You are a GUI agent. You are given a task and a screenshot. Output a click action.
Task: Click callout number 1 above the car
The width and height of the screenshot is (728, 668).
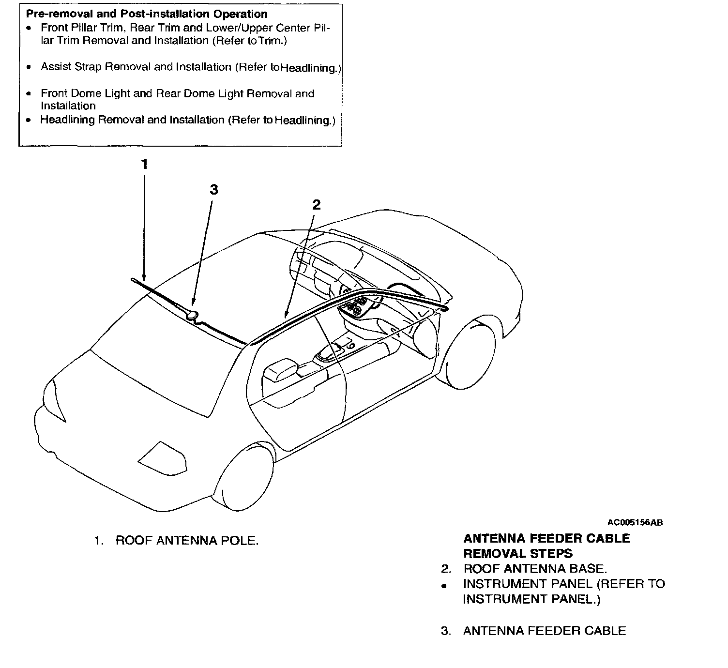(x=144, y=164)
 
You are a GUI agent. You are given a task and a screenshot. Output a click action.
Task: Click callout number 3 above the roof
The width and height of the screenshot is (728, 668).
(x=214, y=190)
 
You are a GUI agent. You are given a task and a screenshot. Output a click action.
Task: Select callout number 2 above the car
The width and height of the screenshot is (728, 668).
(x=316, y=204)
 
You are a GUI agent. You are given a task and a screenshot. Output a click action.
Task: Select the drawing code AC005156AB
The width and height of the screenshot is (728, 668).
(x=635, y=522)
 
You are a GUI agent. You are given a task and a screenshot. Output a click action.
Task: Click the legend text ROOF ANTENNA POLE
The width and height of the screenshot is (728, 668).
(x=187, y=540)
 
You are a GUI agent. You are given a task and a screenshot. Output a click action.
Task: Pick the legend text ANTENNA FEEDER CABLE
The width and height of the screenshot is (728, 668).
(x=544, y=631)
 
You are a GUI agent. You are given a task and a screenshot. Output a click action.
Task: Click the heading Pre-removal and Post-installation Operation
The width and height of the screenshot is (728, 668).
(x=146, y=15)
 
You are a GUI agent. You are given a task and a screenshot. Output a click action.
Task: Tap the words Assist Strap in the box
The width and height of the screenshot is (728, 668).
(x=71, y=67)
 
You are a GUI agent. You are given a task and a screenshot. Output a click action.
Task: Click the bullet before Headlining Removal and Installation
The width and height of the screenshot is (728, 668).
(x=30, y=120)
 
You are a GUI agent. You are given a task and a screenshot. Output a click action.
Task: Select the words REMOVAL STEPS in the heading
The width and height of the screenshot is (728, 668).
(x=518, y=553)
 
